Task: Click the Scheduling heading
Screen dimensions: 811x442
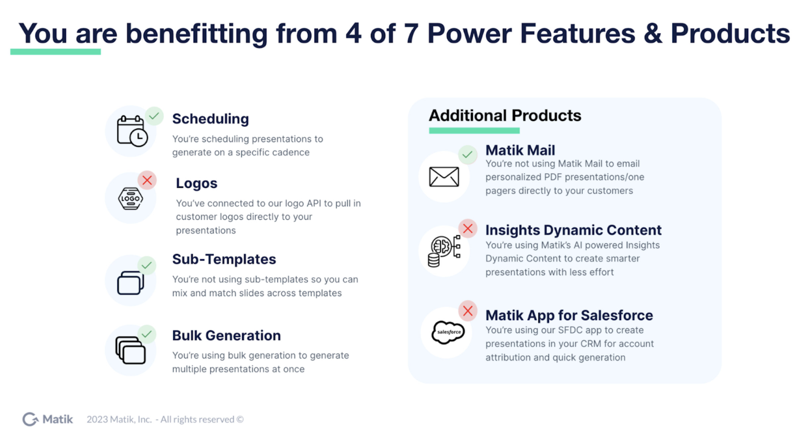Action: (x=211, y=119)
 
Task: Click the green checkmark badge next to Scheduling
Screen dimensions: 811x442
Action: (x=154, y=116)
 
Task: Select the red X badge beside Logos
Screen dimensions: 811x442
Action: (x=147, y=180)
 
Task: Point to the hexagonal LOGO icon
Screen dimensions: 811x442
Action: (x=130, y=198)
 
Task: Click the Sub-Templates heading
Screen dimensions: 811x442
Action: (x=224, y=259)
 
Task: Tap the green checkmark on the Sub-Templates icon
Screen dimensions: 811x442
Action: (x=147, y=265)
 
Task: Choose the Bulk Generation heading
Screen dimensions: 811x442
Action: (x=226, y=335)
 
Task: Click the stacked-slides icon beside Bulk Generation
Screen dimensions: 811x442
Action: (x=130, y=350)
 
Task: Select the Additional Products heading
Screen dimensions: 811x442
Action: (x=505, y=116)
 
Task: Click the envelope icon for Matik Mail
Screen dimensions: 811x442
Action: (x=444, y=177)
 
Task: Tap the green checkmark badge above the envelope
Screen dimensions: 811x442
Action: (x=467, y=154)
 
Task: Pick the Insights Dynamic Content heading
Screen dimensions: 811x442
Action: (x=573, y=230)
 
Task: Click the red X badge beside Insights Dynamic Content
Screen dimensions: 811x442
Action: (x=467, y=229)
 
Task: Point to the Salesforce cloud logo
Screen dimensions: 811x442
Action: (x=448, y=332)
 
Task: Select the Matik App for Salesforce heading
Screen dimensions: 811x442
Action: (x=569, y=315)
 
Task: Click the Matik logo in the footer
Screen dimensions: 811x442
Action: (x=47, y=419)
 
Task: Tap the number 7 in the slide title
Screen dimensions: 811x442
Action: (x=411, y=33)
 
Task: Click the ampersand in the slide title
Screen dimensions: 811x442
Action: (x=653, y=33)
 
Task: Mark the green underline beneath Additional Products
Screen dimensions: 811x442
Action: (x=474, y=131)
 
